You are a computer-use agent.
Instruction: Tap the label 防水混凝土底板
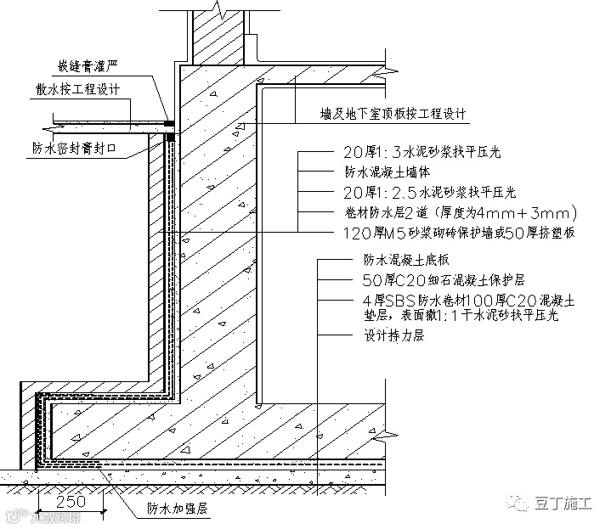coord(393,262)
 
